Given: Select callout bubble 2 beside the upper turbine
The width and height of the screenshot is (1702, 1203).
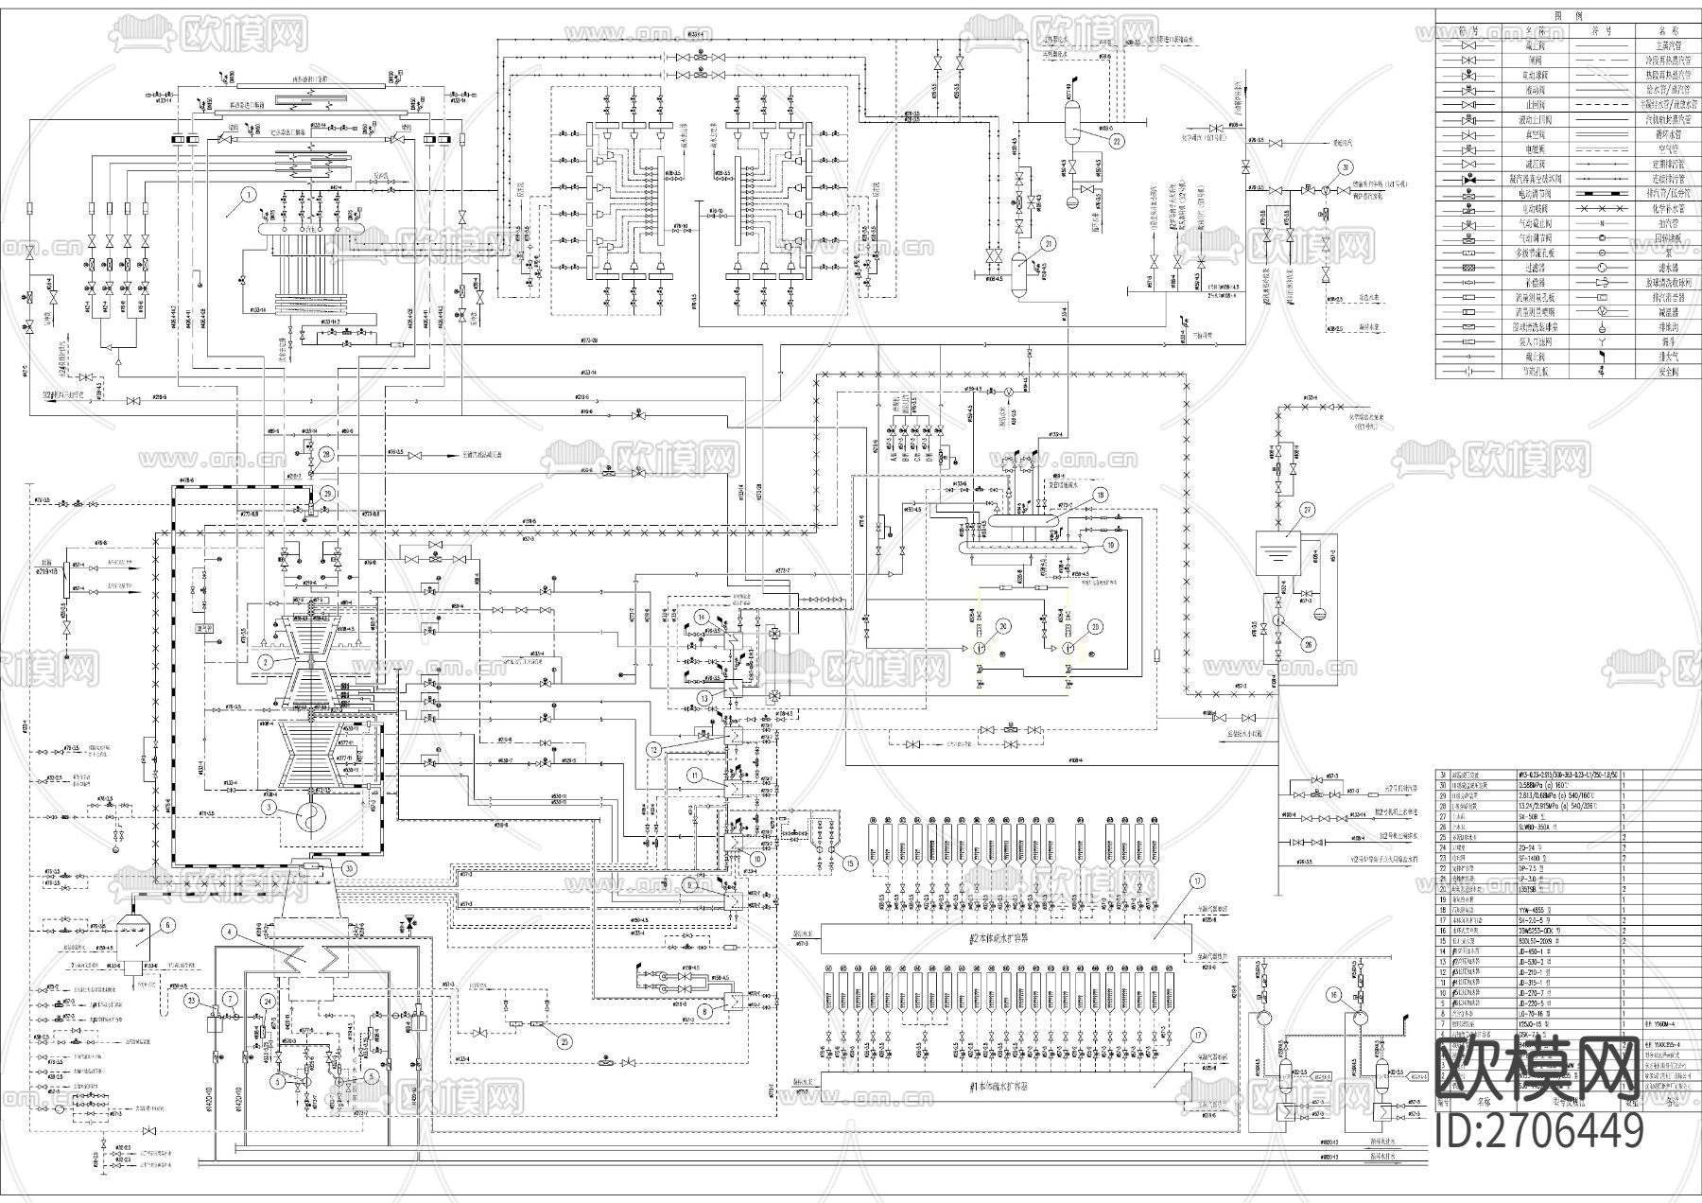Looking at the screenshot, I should click(268, 661).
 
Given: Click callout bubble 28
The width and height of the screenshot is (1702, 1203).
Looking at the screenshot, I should click(327, 455).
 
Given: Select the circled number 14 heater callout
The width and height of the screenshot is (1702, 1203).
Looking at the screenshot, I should click(703, 616).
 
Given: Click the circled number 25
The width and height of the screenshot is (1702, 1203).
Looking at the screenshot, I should click(564, 1041).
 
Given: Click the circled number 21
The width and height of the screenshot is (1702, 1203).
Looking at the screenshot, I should click(1047, 243).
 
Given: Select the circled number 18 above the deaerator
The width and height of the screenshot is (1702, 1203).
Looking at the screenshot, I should click(1100, 495).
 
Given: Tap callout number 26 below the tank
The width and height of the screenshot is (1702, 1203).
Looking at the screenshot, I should click(1310, 646).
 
